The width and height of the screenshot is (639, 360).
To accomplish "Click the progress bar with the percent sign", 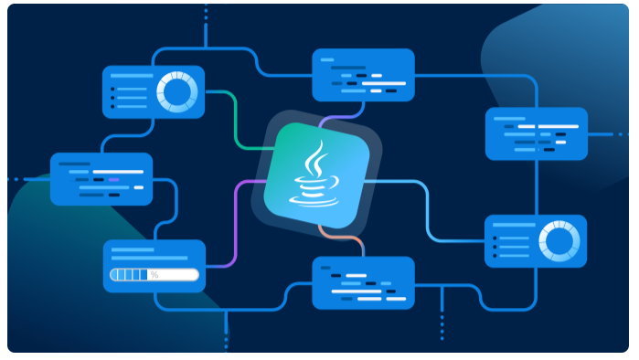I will pyautogui.click(x=154, y=274).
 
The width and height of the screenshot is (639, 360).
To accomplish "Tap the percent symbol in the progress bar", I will pyautogui.click(x=154, y=274).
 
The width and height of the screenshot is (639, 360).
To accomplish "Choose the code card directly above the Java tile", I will pyautogui.click(x=363, y=75).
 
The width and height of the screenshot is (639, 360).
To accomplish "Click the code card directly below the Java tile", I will pyautogui.click(x=363, y=283).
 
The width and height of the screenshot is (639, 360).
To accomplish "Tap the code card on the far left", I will pyautogui.click(x=101, y=179).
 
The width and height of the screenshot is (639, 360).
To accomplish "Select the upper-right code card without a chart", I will pyautogui.click(x=536, y=133).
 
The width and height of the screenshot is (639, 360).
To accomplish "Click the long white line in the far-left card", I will pyautogui.click(x=117, y=172).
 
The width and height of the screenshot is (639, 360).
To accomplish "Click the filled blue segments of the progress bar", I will pyautogui.click(x=129, y=274).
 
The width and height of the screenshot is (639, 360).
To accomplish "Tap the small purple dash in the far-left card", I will pyautogui.click(x=112, y=179).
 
